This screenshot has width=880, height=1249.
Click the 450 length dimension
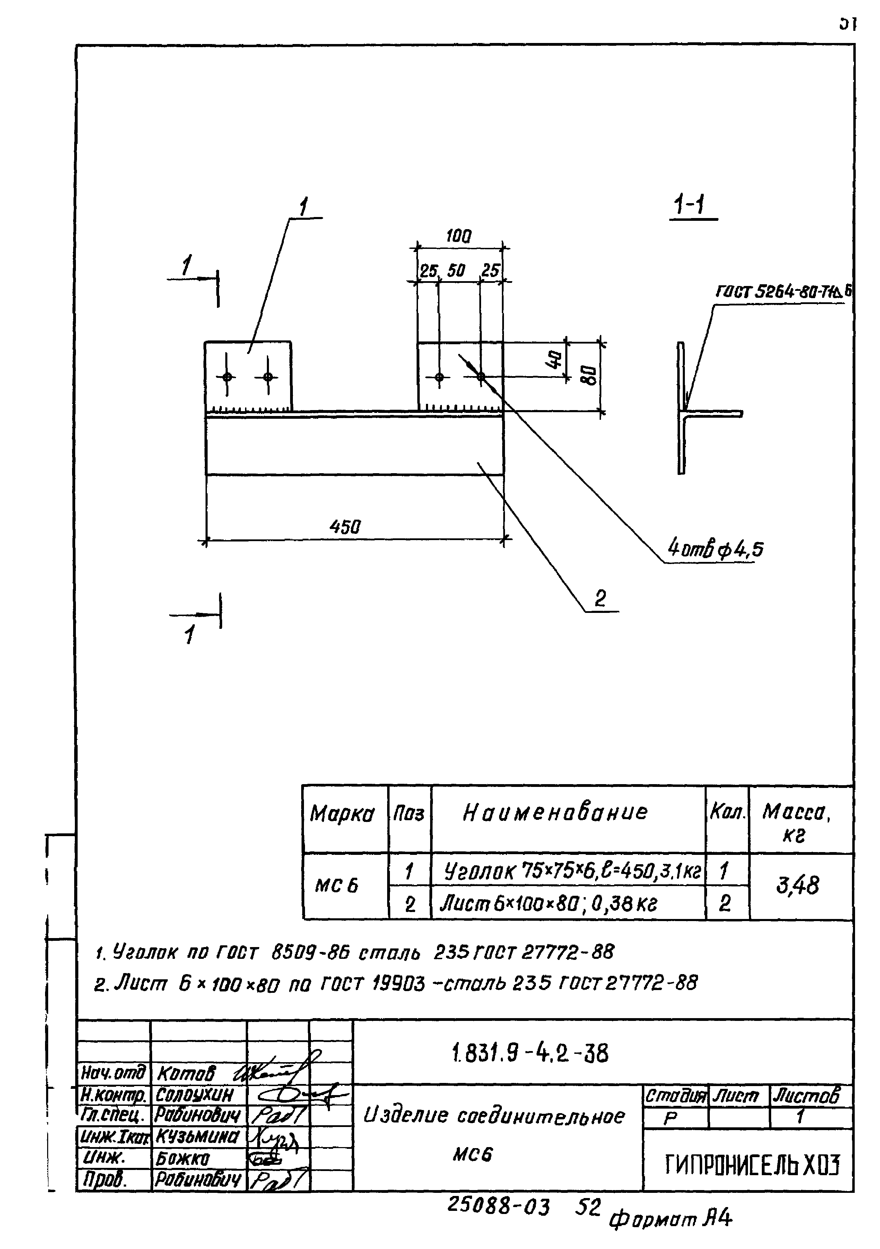click(345, 527)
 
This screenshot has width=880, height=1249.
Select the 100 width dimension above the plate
click(459, 236)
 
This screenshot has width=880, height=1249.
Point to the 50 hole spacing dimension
click(456, 270)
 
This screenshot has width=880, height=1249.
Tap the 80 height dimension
click(589, 375)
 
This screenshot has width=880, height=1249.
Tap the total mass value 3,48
click(797, 885)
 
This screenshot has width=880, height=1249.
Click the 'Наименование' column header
click(555, 812)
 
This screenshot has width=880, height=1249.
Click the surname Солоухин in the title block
click(194, 1094)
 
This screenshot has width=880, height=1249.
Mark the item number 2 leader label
click(600, 599)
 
